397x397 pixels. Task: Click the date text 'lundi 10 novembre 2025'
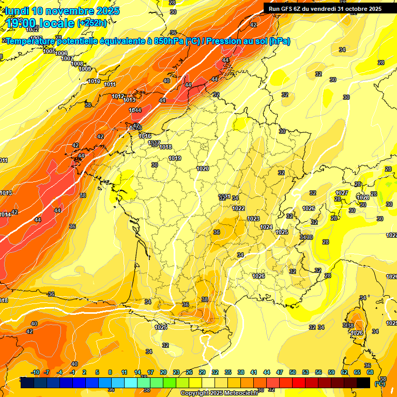[x=62, y=11]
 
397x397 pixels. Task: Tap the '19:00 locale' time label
[x=41, y=23]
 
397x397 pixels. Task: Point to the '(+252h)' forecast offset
[x=91, y=23]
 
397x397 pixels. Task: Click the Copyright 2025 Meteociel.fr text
[x=219, y=393]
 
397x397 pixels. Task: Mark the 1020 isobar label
[x=203, y=169]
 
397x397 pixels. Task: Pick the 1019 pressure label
[x=175, y=158]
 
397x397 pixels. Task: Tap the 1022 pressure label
[x=238, y=208]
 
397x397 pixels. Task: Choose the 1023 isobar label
[x=253, y=219]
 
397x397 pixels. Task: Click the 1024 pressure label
[x=266, y=227]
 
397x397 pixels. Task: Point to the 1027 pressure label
[x=342, y=193]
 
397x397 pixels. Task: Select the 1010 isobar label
[x=94, y=81]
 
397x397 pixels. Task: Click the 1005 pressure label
[x=49, y=51]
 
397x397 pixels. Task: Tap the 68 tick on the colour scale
[x=370, y=372]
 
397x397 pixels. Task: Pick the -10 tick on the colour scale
[x=35, y=372]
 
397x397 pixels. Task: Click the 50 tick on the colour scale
[x=293, y=372]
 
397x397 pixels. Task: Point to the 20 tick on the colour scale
[x=163, y=372]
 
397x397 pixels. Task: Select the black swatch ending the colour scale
[x=363, y=383]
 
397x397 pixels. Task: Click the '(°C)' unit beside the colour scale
[x=379, y=383]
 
